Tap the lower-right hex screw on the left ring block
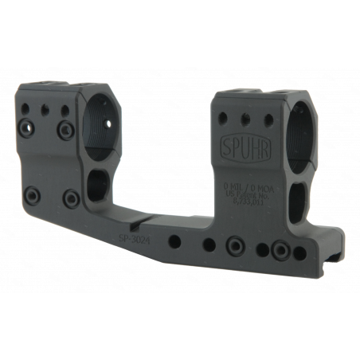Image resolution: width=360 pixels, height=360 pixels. click(72, 197)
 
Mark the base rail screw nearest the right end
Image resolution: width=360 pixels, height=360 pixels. click(279, 251)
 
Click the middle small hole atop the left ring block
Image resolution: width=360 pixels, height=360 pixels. click(47, 108)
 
